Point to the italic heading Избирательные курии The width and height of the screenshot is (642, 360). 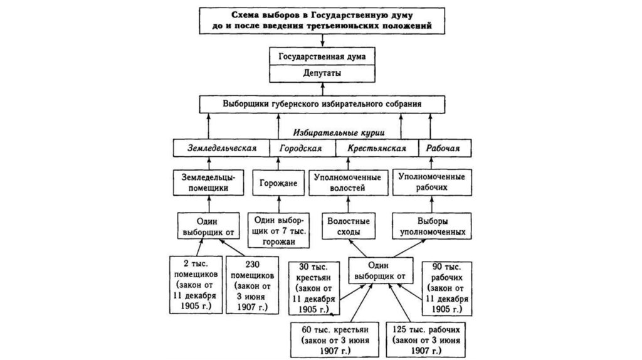(339, 133)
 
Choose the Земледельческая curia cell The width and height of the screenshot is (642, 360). (223, 149)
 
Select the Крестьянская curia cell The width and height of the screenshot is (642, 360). (377, 149)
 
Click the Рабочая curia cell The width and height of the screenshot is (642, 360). (444, 149)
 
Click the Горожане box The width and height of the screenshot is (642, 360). (279, 183)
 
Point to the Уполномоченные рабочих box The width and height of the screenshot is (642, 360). (433, 183)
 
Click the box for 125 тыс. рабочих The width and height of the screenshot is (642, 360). (421, 339)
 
